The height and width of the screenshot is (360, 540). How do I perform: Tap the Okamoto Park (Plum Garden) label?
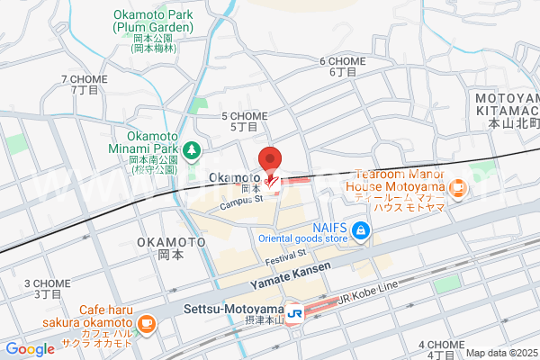pyautogui.click(x=154, y=21)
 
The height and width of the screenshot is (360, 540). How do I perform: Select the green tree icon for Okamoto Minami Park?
pyautogui.click(x=190, y=148)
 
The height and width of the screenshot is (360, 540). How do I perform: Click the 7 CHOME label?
pyautogui.click(x=85, y=79)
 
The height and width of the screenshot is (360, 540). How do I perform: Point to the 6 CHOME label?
pyautogui.click(x=343, y=61)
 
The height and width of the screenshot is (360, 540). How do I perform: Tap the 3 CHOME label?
pyautogui.click(x=47, y=283)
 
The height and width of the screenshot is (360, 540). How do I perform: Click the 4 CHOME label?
pyautogui.click(x=441, y=345)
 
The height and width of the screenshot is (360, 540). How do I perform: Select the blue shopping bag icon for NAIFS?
pyautogui.click(x=360, y=231)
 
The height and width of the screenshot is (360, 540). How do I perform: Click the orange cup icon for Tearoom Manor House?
pyautogui.click(x=456, y=188)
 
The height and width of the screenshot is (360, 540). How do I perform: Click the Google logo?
pyautogui.click(x=30, y=349)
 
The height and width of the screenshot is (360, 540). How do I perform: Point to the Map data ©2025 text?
pyautogui.click(x=501, y=353)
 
